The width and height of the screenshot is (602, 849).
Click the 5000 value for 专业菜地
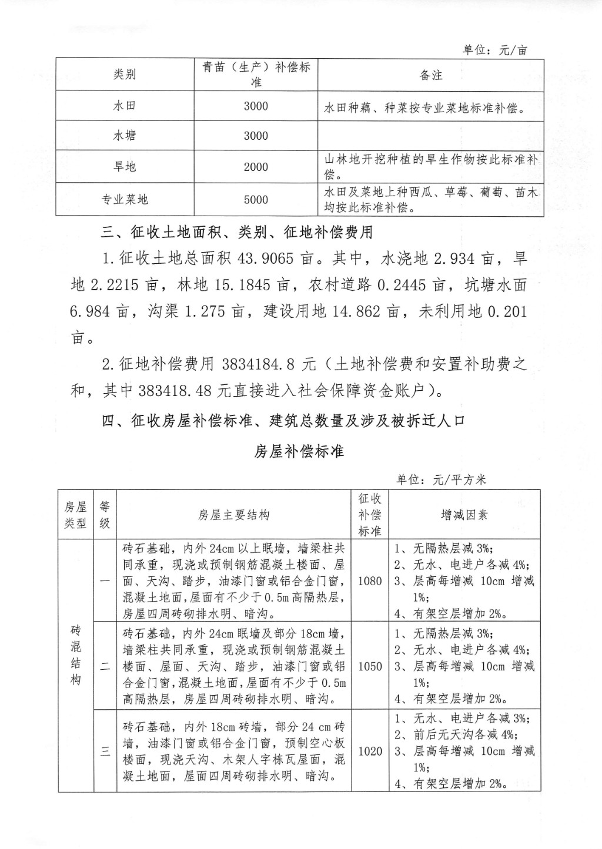tap(256, 200)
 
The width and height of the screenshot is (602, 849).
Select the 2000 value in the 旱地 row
tap(256, 167)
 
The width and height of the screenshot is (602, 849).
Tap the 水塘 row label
tap(125, 136)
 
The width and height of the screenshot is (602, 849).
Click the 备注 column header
tap(431, 75)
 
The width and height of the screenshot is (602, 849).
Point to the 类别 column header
tap(125, 75)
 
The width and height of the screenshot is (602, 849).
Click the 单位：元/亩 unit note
tap(495, 50)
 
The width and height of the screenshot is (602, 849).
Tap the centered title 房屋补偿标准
tap(299, 451)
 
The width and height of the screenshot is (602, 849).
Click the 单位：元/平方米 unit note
tap(442, 480)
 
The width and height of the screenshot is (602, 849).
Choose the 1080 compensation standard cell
tap(370, 581)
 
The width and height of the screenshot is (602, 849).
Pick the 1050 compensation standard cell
tap(370, 666)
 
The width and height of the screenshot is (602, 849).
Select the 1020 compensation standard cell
tap(370, 751)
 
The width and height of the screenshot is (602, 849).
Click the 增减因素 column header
tap(464, 515)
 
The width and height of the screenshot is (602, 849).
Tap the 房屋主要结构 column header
tap(234, 515)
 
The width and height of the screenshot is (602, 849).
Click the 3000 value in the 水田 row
tap(256, 106)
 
